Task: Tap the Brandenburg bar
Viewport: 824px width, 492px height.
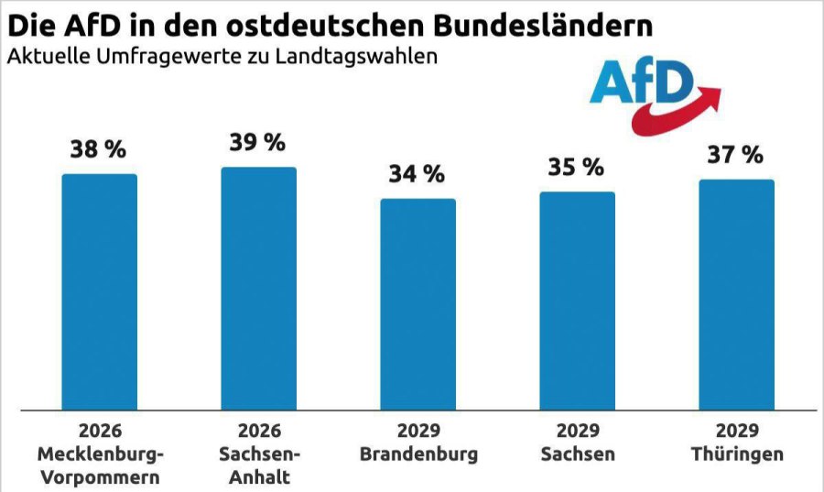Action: (x=417, y=304)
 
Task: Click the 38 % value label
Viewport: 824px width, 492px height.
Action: (x=99, y=150)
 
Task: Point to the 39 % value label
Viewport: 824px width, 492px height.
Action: (x=258, y=143)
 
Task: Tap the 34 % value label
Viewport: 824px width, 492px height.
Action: (x=417, y=174)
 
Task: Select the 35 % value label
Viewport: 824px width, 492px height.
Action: (x=577, y=168)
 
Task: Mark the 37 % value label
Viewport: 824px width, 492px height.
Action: (x=736, y=155)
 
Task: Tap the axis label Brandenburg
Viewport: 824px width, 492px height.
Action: (x=417, y=454)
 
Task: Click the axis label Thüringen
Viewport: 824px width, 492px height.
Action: (x=736, y=454)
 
